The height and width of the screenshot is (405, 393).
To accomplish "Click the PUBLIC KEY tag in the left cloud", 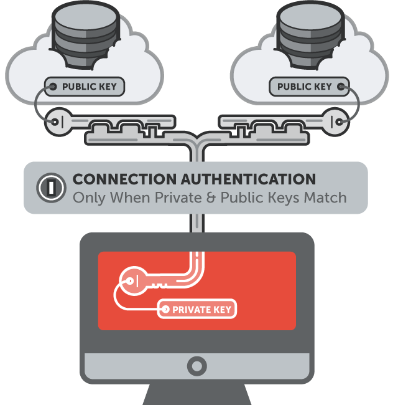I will pyautogui.click(x=85, y=87).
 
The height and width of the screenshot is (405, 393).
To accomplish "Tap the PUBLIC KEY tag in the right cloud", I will pyautogui.click(x=305, y=87).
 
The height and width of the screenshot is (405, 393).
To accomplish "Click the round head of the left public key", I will pyautogui.click(x=59, y=122).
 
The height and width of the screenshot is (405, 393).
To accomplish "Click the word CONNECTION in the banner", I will pyautogui.click(x=125, y=180).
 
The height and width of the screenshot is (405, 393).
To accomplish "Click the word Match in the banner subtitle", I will pyautogui.click(x=325, y=198).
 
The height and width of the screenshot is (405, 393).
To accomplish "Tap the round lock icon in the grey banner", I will pyautogui.click(x=49, y=186).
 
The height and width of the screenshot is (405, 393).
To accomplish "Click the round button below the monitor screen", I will pyautogui.click(x=196, y=364).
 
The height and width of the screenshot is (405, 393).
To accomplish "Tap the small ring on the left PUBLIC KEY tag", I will pyautogui.click(x=53, y=87).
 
